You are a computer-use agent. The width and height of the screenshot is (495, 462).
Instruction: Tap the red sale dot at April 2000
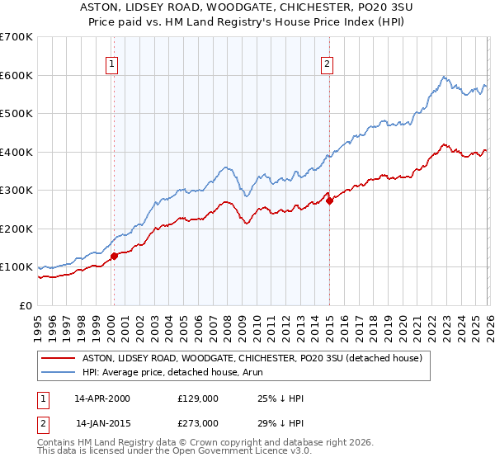click(114, 256)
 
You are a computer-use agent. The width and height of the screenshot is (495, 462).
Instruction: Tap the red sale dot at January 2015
click(329, 200)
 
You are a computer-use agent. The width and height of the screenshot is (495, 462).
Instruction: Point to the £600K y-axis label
click(16, 75)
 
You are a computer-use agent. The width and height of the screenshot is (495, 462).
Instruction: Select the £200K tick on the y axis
click(16, 229)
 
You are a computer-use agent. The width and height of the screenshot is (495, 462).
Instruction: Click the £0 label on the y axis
click(26, 305)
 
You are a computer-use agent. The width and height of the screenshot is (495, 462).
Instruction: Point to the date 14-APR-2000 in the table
click(101, 398)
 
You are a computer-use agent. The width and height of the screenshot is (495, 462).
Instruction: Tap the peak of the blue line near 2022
click(444, 77)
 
